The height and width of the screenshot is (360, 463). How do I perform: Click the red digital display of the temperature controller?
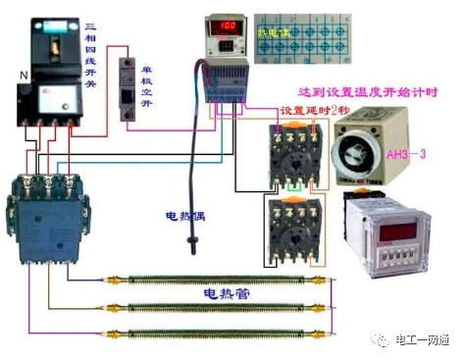click(x=228, y=25)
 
